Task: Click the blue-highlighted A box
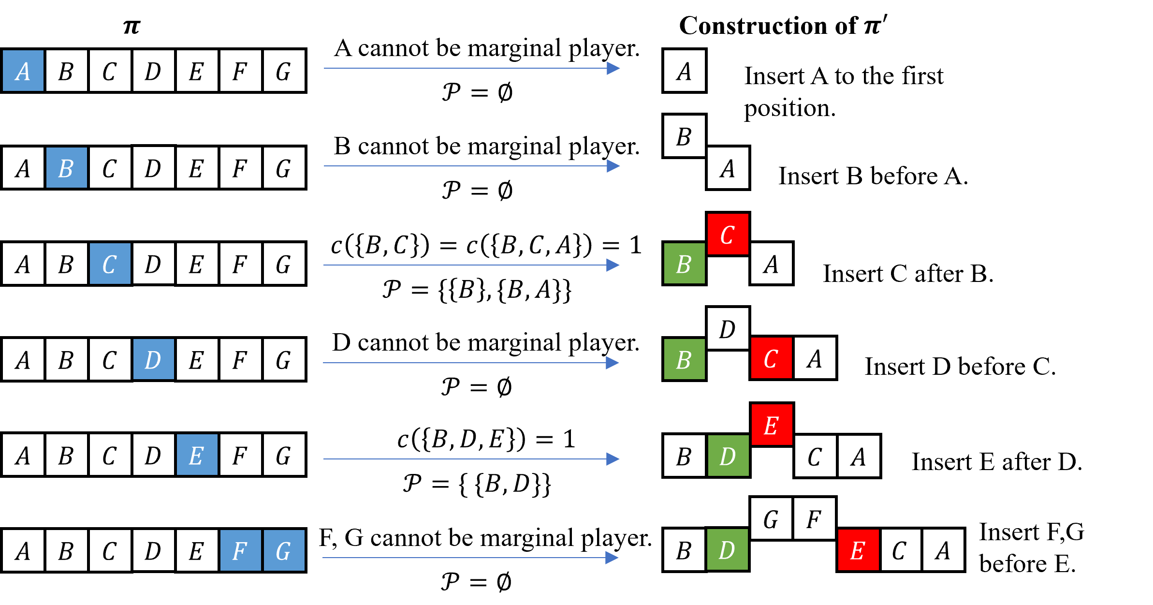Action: coord(23,71)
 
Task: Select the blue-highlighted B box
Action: coord(67,167)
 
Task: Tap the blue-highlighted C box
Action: coord(110,264)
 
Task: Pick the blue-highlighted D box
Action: coord(154,359)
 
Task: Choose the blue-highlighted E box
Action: coord(197,454)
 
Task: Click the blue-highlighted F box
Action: coord(241,550)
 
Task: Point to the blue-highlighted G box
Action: coord(284,550)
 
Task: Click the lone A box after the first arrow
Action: coord(685,71)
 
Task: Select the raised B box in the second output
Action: coord(685,136)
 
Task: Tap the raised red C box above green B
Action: coord(728,234)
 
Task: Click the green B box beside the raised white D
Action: coord(685,359)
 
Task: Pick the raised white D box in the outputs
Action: coord(728,328)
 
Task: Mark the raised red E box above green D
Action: coord(772,425)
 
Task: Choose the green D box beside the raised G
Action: coord(728,549)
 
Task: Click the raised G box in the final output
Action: coord(772,518)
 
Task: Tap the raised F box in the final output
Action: coord(815,518)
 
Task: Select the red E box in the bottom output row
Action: coord(859,550)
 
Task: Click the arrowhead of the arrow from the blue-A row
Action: coord(613,68)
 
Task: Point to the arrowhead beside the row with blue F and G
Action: coord(612,558)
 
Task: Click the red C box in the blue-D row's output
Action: coord(772,358)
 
